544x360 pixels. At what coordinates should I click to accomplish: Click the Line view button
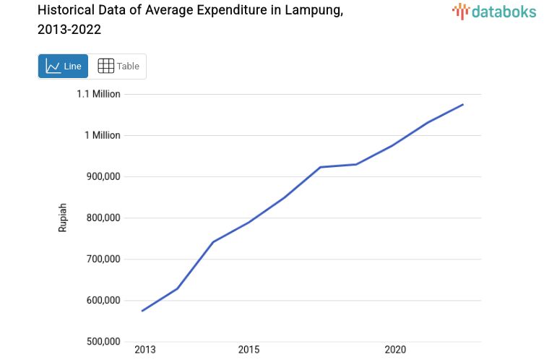63,66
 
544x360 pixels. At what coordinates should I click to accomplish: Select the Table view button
118,66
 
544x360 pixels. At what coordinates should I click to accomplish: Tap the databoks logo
491,11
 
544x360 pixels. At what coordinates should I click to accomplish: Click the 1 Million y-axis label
103,135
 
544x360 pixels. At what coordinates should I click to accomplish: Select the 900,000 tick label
100,176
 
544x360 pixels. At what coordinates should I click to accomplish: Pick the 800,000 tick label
100,218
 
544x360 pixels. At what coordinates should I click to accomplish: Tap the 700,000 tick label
100,259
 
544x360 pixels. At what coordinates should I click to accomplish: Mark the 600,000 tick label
100,300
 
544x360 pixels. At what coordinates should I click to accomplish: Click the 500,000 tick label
100,341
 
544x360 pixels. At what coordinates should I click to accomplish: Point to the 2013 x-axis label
145,350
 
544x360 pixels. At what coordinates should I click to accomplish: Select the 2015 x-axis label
249,350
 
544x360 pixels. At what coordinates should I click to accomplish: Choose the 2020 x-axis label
395,350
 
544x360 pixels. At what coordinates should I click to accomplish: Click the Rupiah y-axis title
63,217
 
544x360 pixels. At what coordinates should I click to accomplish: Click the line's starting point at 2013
142,311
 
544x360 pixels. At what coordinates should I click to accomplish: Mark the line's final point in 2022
463,105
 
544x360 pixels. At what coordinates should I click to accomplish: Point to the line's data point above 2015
249,222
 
